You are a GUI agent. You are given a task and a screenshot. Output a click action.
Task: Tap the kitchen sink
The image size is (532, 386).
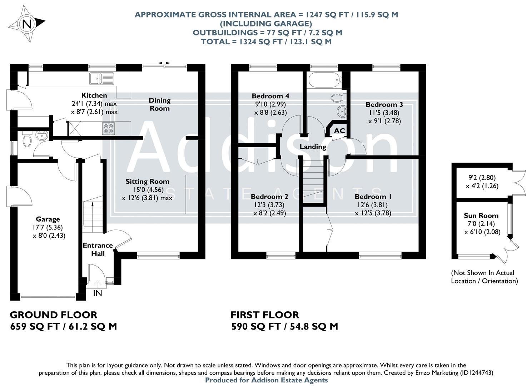(101, 78)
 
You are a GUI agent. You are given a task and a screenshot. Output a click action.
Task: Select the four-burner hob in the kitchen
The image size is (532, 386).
(109, 128)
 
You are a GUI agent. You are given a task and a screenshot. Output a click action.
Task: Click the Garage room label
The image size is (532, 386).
(48, 219)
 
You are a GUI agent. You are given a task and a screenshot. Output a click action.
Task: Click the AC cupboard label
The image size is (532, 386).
(339, 131)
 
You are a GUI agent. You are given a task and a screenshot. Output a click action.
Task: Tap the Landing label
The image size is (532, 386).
(313, 147)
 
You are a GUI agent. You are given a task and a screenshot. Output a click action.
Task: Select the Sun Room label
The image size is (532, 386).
(481, 216)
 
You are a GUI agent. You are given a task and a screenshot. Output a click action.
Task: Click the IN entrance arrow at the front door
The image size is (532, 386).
(97, 284)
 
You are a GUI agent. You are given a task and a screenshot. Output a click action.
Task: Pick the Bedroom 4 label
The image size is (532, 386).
(270, 96)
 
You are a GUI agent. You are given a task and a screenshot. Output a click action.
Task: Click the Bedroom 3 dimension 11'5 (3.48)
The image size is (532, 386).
(384, 113)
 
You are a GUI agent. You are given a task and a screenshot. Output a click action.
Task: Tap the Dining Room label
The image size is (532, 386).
(159, 104)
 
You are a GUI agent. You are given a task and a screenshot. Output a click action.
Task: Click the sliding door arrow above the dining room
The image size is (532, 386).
(164, 63)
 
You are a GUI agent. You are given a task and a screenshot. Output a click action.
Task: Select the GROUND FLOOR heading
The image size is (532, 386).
(53, 315)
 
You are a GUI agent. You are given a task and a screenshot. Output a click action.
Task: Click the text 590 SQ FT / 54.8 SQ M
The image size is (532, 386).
(284, 326)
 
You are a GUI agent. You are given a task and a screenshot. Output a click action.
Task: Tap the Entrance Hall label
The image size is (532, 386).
(98, 249)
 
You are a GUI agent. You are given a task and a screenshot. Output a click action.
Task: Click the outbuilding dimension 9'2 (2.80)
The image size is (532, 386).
(482, 178)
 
